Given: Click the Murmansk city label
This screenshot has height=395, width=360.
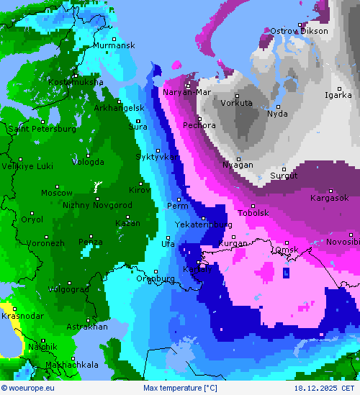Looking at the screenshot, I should [114, 45].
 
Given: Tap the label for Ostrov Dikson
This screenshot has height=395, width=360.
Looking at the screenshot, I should [299, 31].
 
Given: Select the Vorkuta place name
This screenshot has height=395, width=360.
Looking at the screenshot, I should [237, 103].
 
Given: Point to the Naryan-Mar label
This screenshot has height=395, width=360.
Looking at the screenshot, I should [186, 92].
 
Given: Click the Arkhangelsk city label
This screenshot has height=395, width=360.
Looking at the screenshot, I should [120, 108].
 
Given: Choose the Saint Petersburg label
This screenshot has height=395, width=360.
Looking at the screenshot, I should [42, 129].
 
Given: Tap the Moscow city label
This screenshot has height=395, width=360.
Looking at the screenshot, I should [56, 193].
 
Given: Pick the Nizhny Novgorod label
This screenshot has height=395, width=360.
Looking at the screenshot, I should [97, 205].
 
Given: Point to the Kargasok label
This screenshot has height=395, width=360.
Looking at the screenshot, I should [329, 198].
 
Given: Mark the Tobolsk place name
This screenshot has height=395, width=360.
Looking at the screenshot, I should [253, 213].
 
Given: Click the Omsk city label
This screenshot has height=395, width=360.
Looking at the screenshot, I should [287, 250].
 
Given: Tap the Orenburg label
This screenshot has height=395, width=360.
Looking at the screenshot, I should [156, 278].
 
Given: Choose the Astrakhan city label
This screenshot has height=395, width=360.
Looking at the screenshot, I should [86, 327].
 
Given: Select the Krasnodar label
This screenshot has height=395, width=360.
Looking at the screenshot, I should [20, 316].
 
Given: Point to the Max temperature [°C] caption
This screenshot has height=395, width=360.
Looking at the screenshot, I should [180, 388].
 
